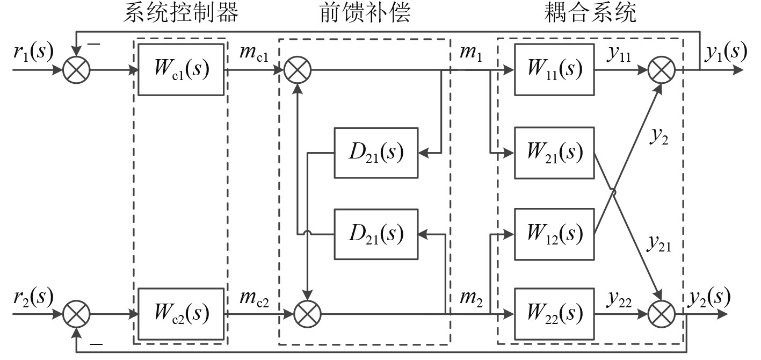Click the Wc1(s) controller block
pyautogui.click(x=180, y=70)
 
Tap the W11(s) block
pyautogui.click(x=554, y=70)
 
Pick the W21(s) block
pyautogui.click(x=554, y=153)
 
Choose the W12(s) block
pyautogui.click(x=554, y=233)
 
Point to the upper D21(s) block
pyautogui.click(x=376, y=153)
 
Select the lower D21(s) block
pyautogui.click(x=376, y=234)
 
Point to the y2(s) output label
pyautogui.click(x=708, y=296)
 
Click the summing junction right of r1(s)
pyautogui.click(x=77, y=70)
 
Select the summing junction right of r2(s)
pyautogui.click(x=77, y=313)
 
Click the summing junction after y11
pyautogui.click(x=661, y=70)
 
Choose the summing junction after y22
pyautogui.click(x=661, y=313)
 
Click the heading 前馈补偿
pyautogui.click(x=365, y=13)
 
